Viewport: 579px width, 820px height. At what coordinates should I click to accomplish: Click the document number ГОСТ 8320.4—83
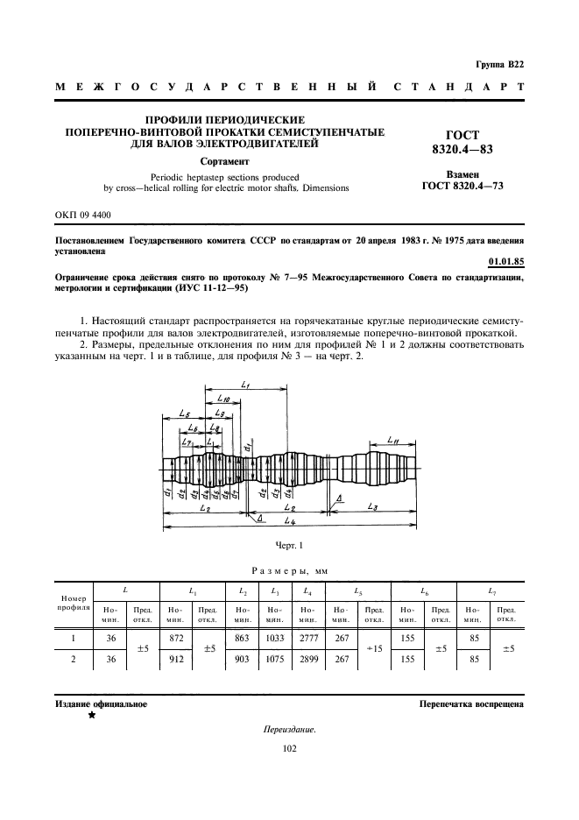(x=462, y=142)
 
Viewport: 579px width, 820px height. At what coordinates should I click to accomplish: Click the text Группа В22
(x=500, y=65)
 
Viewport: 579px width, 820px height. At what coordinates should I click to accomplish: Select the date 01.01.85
(x=505, y=261)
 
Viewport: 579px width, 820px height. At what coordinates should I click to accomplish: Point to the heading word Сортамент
(x=225, y=162)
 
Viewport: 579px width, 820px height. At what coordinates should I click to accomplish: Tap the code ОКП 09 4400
(x=82, y=215)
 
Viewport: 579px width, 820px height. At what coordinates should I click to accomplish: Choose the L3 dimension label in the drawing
(x=372, y=507)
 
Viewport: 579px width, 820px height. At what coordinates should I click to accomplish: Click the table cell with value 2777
(x=305, y=640)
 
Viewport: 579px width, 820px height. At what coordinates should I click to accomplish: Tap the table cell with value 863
(x=243, y=640)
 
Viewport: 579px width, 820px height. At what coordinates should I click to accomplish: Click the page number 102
(x=290, y=748)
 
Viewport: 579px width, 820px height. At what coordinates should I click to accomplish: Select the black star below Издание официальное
(x=90, y=715)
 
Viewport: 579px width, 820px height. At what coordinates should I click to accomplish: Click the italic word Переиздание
(x=289, y=730)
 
